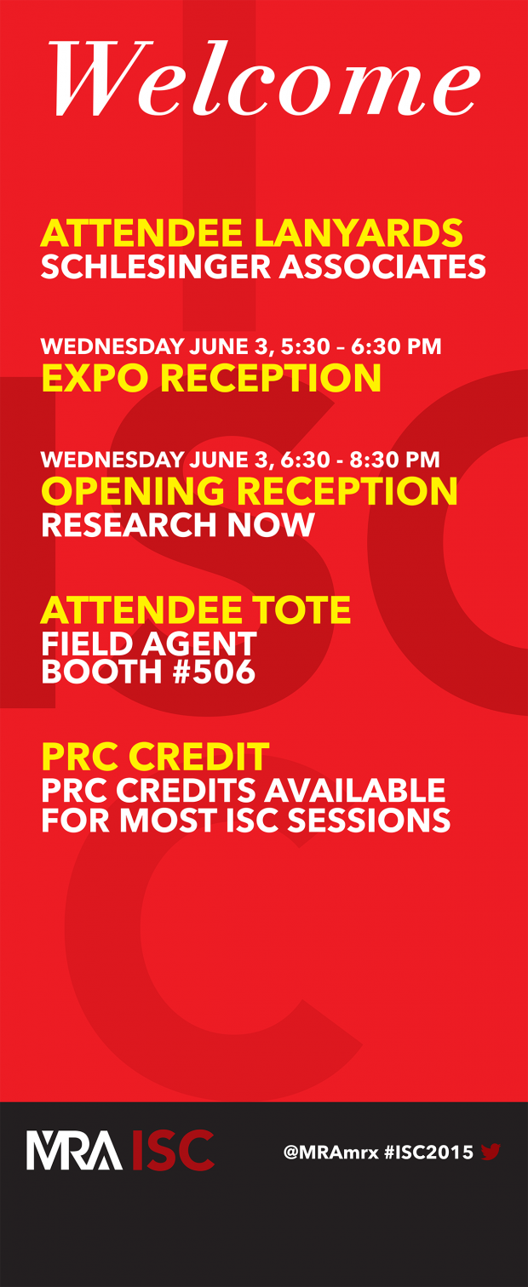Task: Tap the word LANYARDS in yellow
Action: [359, 232]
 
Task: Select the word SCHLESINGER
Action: [155, 266]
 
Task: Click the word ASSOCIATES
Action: [382, 266]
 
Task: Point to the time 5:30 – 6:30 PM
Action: [361, 346]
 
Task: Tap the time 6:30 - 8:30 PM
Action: [360, 460]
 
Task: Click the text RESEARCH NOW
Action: [177, 524]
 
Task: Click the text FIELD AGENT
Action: [149, 643]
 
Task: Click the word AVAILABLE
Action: [354, 790]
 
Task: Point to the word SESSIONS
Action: [369, 820]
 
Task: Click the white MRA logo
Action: [74, 1150]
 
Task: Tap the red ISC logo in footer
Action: [173, 1150]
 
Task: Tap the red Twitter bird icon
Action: [491, 1152]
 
